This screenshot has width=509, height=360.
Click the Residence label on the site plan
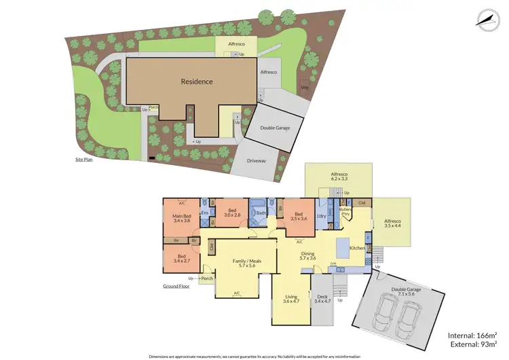pos(197,82)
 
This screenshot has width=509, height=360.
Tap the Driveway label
pos(257,161)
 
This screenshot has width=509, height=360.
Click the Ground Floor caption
pos(176,286)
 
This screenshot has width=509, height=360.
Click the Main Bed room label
pos(182,219)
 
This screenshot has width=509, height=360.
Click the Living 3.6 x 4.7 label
pos(290,300)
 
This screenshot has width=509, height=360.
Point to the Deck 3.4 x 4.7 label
pos(322,300)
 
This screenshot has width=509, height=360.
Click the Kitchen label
pos(358,249)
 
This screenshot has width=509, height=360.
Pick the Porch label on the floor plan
pos(207,278)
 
